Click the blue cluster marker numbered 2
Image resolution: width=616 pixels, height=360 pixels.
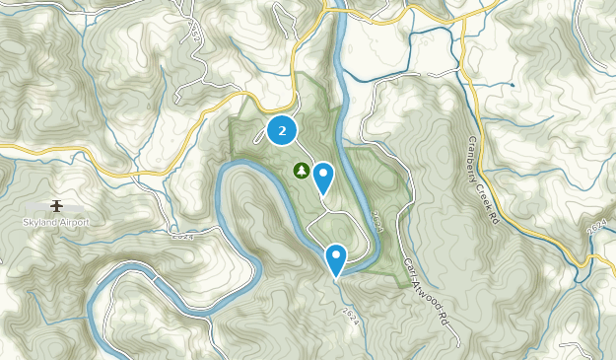pos(283,130)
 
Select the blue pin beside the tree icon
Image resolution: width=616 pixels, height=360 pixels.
pos(323,179)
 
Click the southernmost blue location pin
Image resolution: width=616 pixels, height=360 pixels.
pos(336,259)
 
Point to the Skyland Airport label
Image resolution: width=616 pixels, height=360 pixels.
pos(56,222)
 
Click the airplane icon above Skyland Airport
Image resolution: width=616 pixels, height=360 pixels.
pos(56,205)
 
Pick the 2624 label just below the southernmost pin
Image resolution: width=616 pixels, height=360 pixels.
pos(351,314)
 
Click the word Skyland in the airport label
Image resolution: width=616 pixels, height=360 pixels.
pos(39,222)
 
